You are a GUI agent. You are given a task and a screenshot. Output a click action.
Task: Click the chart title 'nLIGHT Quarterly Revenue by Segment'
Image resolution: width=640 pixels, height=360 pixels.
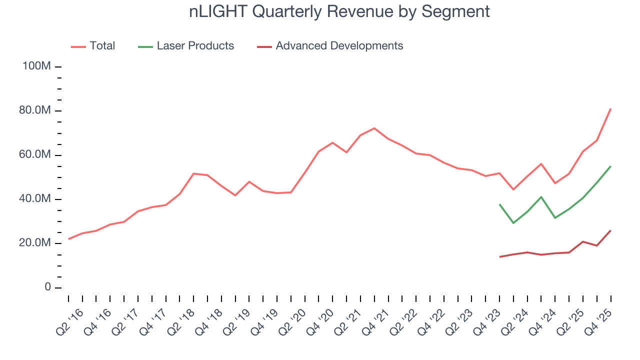(339, 11)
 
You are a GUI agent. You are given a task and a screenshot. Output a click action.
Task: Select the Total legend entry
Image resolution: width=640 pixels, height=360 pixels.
(102, 46)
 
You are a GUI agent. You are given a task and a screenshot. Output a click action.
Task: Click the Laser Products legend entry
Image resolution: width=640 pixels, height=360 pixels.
(195, 46)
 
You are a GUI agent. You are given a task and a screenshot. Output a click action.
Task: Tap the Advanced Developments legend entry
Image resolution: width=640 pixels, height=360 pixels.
(339, 46)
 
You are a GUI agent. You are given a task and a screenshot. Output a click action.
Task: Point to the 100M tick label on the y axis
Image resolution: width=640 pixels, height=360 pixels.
(36, 66)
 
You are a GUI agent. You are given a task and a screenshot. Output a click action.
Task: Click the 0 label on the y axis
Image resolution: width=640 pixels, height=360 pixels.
(47, 287)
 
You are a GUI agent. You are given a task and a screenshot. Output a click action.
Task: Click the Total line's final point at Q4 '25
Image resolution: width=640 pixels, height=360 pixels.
(610, 108)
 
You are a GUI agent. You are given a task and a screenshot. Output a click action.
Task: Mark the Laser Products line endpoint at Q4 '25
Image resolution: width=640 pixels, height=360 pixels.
(610, 166)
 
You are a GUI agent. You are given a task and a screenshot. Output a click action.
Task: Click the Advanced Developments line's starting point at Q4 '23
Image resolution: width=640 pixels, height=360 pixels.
(499, 257)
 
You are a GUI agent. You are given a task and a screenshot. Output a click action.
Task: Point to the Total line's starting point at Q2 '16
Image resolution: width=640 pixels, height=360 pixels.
(68, 239)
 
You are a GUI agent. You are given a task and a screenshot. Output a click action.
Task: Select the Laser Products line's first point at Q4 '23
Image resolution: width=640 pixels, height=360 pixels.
(499, 204)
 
